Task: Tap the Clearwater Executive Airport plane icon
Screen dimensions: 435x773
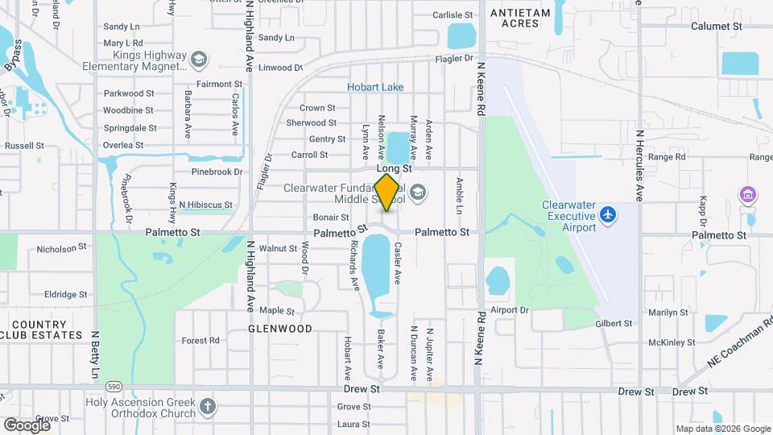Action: click(607, 215)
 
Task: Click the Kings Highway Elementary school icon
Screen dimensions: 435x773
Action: click(198, 59)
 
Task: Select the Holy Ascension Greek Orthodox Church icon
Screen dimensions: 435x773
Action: click(209, 405)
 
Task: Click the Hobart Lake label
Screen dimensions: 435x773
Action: click(375, 87)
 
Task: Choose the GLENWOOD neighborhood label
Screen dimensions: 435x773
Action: click(280, 329)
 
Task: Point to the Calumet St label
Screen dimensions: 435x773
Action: click(716, 27)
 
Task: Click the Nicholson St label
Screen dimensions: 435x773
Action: click(61, 250)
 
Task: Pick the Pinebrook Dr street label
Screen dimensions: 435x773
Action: click(217, 172)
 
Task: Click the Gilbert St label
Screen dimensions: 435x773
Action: click(614, 324)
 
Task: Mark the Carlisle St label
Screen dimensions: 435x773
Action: click(453, 14)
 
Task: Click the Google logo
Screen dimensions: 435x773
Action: click(27, 425)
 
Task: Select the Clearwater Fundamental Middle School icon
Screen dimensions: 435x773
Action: click(417, 192)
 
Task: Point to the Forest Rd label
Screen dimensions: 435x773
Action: click(200, 341)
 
